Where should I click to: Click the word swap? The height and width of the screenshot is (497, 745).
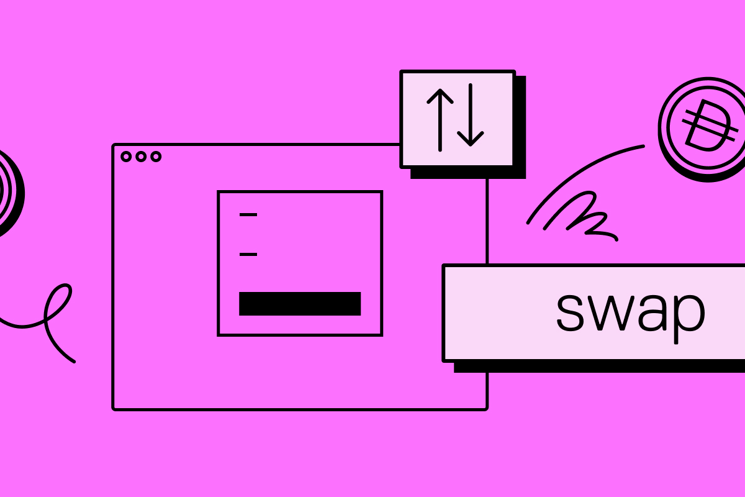(x=630, y=311)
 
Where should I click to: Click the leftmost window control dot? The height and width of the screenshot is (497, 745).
(x=126, y=157)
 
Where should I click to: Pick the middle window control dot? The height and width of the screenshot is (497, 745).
(x=141, y=157)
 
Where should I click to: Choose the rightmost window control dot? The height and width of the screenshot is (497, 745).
(x=156, y=157)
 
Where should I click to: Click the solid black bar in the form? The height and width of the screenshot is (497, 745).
(x=300, y=304)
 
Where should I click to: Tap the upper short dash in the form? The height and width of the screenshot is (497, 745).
(x=248, y=215)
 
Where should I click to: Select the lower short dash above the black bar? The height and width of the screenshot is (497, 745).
(x=248, y=254)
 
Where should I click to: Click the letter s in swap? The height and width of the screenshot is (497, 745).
(x=570, y=311)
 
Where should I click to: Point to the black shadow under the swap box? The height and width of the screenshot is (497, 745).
(x=596, y=367)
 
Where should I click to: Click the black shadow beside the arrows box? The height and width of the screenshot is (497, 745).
(x=521, y=124)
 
